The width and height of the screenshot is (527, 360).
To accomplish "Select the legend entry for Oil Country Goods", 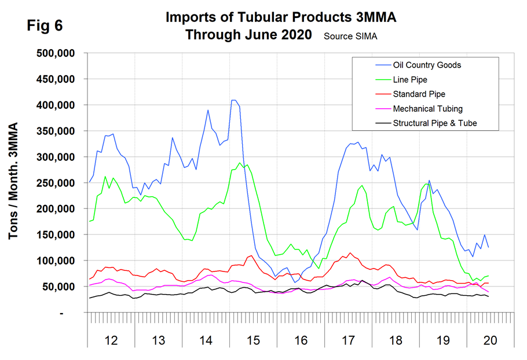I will pos(427,65).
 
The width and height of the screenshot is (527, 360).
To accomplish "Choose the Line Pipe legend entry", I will pos(411,79).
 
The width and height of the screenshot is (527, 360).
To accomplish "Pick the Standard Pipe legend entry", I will pos(419,94).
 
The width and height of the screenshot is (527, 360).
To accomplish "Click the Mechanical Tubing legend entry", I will pos(427,108).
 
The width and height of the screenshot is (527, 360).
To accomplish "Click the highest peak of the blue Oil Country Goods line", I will pos(233,100).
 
